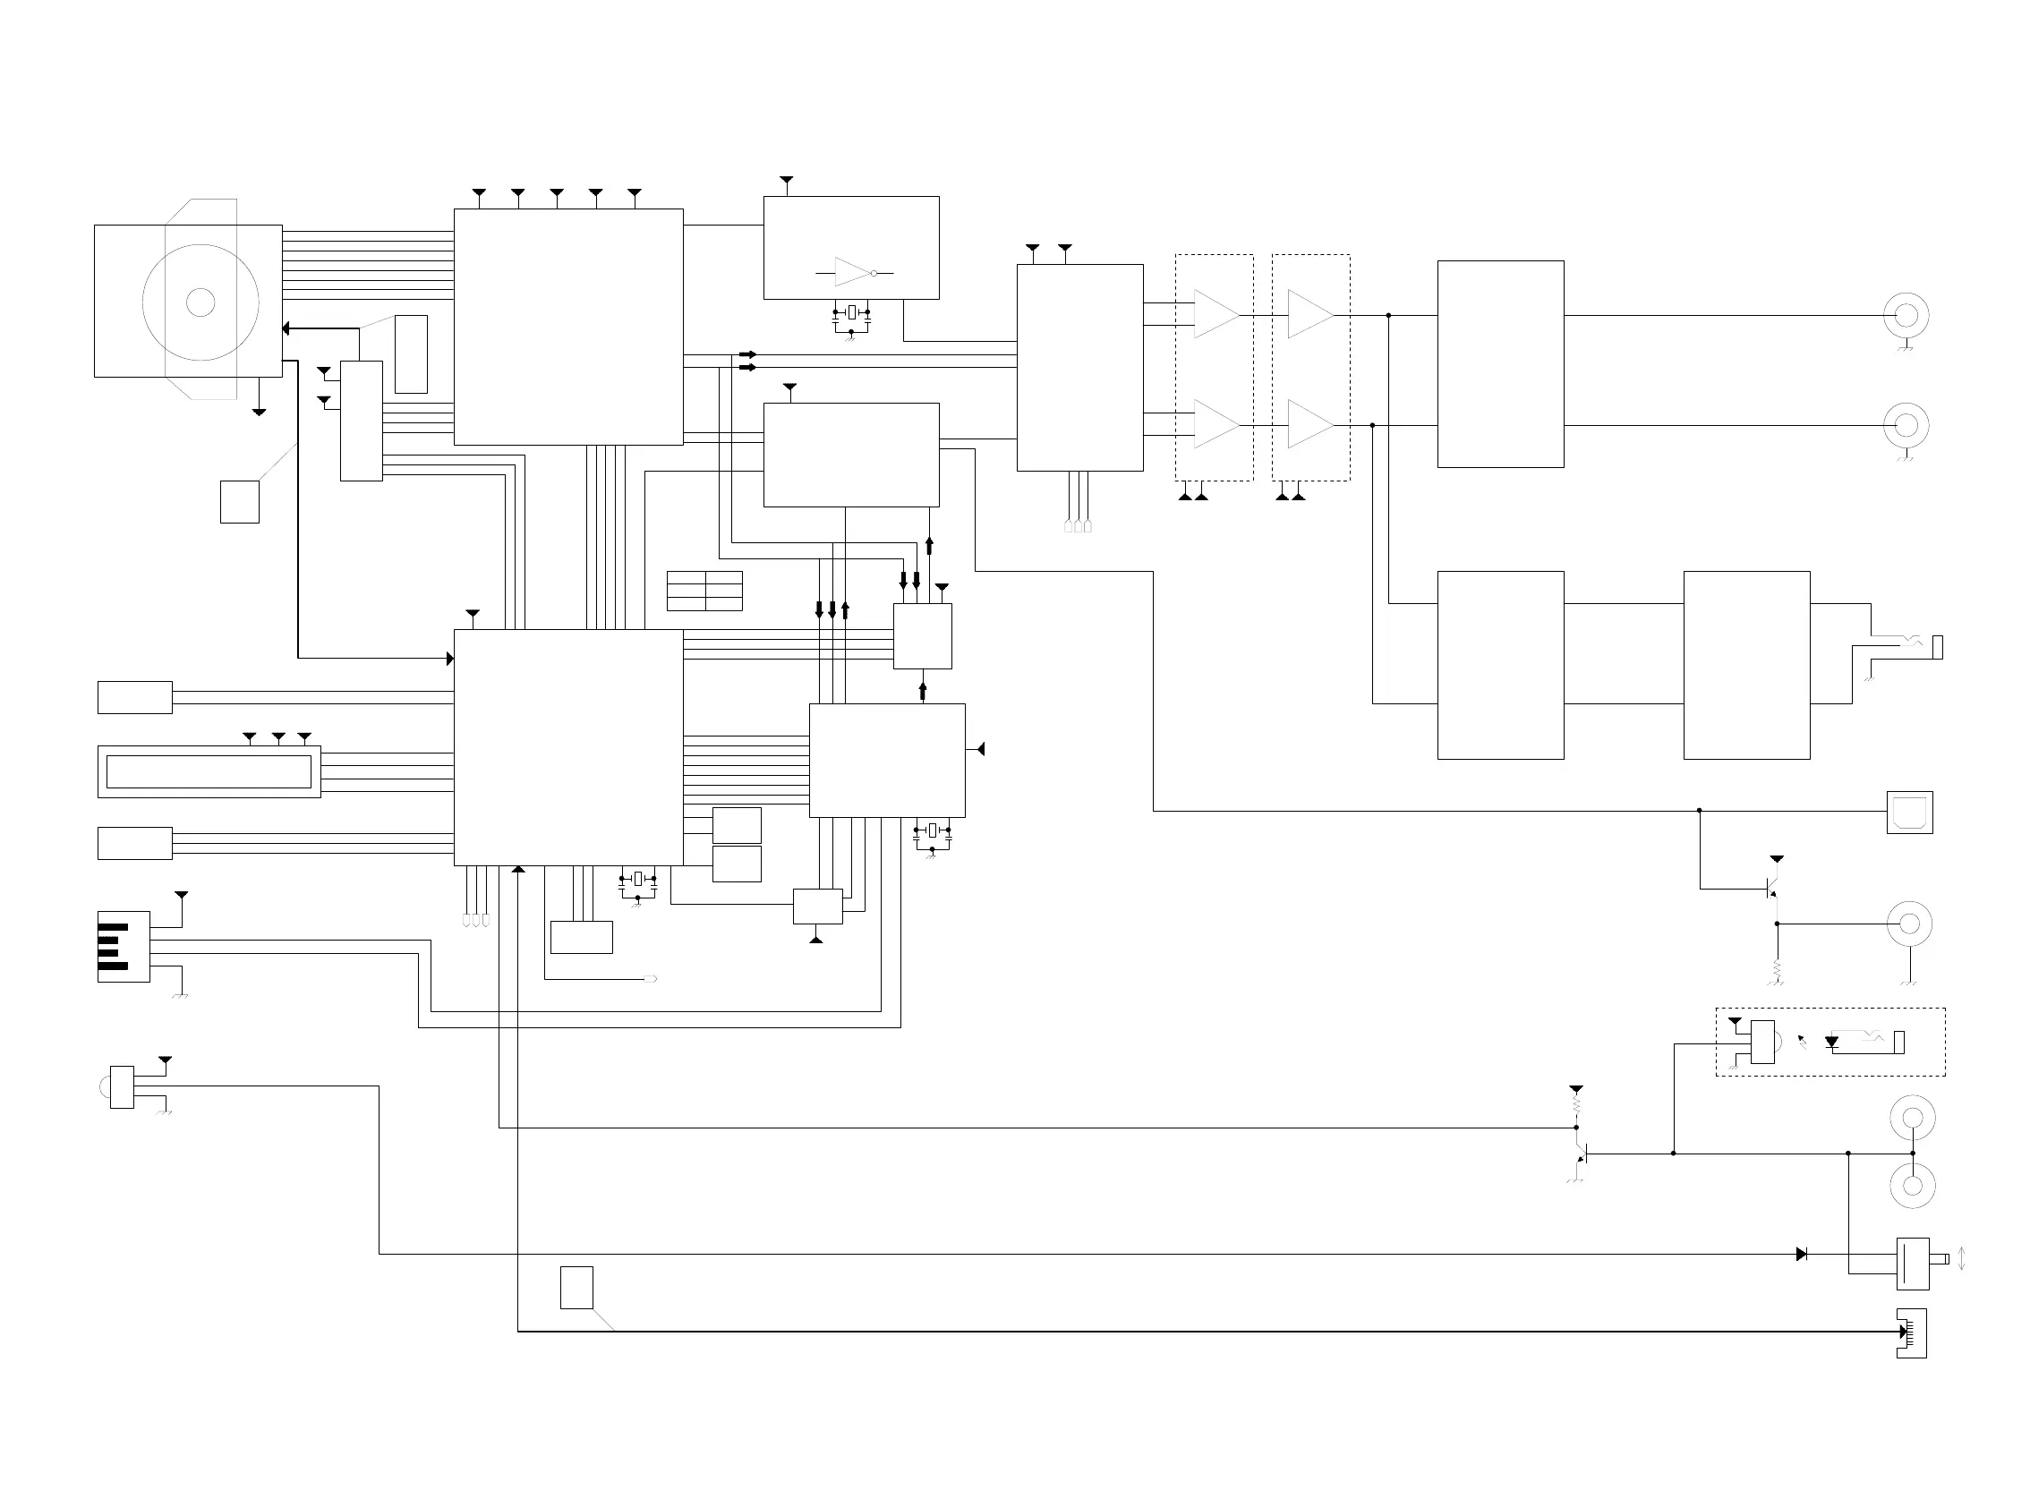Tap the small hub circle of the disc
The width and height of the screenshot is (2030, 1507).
point(200,302)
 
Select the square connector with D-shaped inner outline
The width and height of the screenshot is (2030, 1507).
point(1909,812)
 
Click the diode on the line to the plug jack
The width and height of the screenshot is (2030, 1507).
point(1801,1255)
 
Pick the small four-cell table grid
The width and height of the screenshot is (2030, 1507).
point(704,592)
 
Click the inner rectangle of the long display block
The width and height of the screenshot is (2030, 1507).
point(209,771)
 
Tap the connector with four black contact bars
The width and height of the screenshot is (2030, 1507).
point(124,946)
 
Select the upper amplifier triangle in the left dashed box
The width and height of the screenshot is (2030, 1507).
point(1216,315)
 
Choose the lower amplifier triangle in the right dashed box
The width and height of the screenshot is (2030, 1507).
point(1310,424)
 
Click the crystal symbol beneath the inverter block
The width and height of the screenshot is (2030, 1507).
point(851,313)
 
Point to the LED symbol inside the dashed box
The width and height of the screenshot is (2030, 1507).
point(1831,1042)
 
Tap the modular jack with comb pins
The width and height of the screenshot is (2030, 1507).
point(1911,1332)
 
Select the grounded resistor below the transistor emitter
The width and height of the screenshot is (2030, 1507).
point(1777,969)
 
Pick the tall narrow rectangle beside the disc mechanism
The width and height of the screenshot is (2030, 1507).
point(411,354)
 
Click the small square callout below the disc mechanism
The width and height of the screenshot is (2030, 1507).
point(239,502)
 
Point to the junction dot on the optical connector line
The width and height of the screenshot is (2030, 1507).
point(1699,810)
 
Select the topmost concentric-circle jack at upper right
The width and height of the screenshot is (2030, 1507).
point(1906,316)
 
